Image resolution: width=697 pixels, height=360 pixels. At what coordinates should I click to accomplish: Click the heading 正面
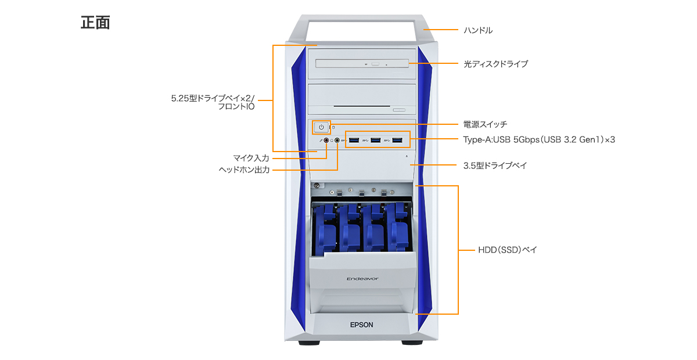(95, 23)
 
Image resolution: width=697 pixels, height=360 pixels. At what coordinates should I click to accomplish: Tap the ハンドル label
(478, 30)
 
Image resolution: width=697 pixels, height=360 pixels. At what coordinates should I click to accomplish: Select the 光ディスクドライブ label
(495, 64)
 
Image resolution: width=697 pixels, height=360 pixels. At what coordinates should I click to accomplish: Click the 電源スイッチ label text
(485, 124)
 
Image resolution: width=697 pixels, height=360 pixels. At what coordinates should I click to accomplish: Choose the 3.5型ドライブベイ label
(495, 165)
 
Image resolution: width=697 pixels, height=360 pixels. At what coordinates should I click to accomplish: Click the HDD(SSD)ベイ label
(508, 250)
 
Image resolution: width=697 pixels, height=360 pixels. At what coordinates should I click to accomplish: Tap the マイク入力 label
(251, 158)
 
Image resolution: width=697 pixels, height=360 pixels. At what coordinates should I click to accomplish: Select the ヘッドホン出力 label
(244, 170)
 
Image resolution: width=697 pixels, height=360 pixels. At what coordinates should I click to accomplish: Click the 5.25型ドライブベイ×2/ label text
(213, 98)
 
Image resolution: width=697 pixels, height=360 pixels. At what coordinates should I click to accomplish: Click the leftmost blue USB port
(354, 141)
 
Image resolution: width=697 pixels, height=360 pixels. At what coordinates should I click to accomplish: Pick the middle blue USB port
(376, 141)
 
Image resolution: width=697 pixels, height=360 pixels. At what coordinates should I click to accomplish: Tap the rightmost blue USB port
(397, 141)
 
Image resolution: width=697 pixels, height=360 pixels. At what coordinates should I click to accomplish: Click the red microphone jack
(326, 141)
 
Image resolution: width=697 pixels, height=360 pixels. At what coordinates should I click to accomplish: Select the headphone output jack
(337, 141)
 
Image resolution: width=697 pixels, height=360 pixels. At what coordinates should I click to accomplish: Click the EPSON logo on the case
(361, 325)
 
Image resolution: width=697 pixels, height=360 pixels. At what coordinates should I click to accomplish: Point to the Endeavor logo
(362, 279)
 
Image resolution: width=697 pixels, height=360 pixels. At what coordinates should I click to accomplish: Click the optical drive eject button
(376, 64)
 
